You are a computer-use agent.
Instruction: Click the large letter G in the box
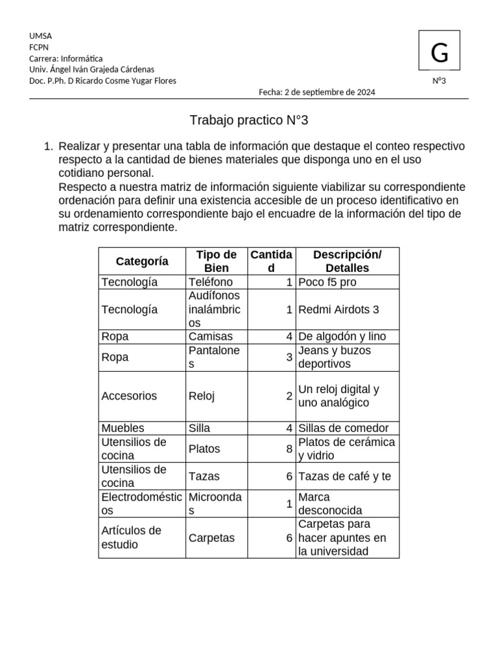coord(440,53)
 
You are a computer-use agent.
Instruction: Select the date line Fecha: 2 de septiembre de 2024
coord(316,92)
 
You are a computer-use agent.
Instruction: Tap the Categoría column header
coord(142,261)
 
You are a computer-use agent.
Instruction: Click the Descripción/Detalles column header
coord(347,261)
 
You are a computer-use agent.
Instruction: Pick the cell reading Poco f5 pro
coord(327,282)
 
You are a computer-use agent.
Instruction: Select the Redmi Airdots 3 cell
coord(338,309)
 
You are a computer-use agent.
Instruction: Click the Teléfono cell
coord(210,282)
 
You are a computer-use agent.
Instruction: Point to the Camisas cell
coord(210,337)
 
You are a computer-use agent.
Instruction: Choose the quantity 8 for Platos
coord(289,449)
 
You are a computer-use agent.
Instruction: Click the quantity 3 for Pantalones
coord(289,357)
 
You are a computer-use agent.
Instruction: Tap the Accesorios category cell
coord(129,396)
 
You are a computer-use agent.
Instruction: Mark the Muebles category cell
coord(123,428)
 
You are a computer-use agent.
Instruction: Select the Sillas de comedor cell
coord(343,428)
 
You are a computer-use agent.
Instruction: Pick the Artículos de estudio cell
coord(131,537)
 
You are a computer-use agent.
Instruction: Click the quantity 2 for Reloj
coord(289,396)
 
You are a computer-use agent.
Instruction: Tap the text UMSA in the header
coord(40,36)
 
